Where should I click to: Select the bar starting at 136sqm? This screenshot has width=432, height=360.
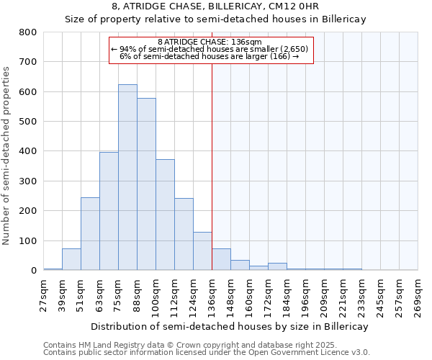click(221, 259)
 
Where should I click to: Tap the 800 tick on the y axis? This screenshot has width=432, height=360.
click(28, 32)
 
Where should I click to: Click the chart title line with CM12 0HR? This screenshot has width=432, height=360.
click(216, 6)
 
